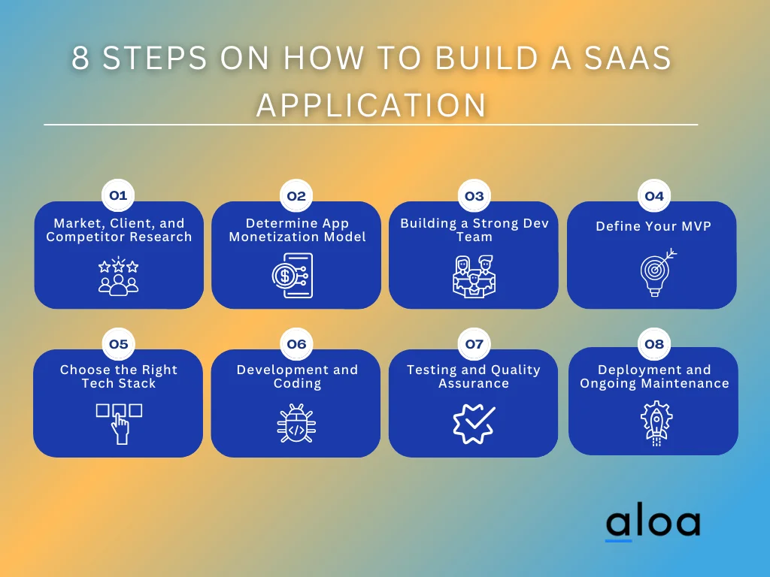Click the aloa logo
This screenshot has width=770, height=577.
653,523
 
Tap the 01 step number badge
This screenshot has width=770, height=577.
118,196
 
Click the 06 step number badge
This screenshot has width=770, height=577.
296,344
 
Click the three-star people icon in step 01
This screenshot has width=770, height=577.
119,276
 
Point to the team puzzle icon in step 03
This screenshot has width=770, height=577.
474,276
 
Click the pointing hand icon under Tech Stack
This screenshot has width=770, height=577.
119,421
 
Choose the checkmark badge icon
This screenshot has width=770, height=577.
474,422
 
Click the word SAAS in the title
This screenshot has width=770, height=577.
624,59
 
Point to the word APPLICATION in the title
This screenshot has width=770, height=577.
371,105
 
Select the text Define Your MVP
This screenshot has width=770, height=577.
653,226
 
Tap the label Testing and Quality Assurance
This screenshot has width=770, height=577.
474,376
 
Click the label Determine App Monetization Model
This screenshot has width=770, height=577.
297,230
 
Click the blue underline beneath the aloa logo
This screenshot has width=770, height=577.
619,539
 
